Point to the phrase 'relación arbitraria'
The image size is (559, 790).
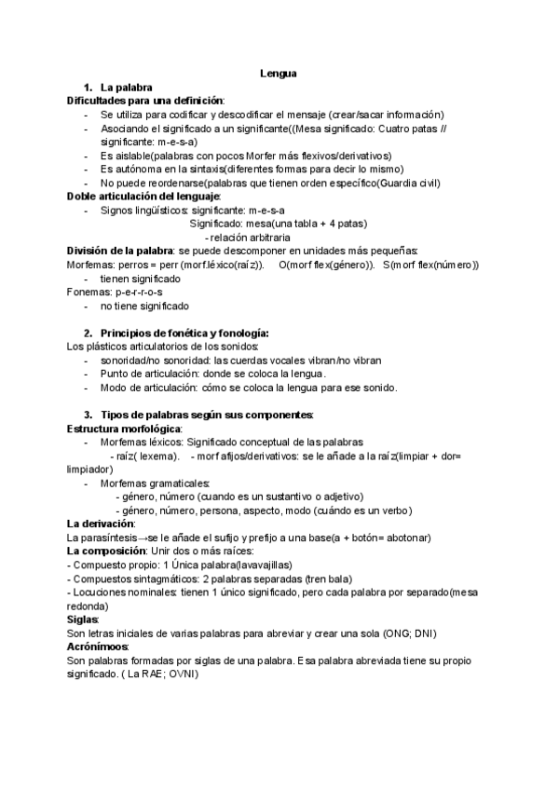[x=255, y=238]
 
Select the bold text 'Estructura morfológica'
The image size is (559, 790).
[x=124, y=428]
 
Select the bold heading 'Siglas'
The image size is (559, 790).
[x=83, y=619]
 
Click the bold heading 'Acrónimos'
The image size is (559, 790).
[x=97, y=647]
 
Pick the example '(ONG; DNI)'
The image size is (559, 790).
[x=411, y=633]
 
